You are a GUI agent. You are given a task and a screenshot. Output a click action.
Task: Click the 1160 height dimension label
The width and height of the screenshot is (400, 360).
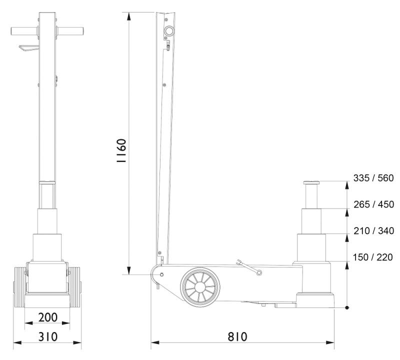(121, 151)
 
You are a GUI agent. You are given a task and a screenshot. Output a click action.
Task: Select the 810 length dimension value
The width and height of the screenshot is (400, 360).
(237, 337)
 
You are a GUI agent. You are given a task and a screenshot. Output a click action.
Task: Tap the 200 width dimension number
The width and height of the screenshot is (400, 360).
(47, 317)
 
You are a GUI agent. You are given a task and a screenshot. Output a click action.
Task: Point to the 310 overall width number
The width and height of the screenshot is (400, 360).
(47, 337)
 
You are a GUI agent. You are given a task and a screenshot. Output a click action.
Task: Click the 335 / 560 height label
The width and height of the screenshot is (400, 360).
(373, 178)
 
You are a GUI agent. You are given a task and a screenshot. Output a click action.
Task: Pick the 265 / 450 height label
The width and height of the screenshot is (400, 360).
(373, 204)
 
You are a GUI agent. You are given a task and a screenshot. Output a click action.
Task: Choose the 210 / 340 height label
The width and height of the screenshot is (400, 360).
(373, 231)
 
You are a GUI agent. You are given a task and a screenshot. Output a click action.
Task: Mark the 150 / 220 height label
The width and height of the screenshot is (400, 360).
(372, 257)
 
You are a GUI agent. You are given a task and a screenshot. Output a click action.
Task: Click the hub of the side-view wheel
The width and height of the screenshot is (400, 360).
(200, 287)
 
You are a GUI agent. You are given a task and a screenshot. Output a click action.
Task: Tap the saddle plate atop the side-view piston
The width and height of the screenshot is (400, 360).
(311, 182)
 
